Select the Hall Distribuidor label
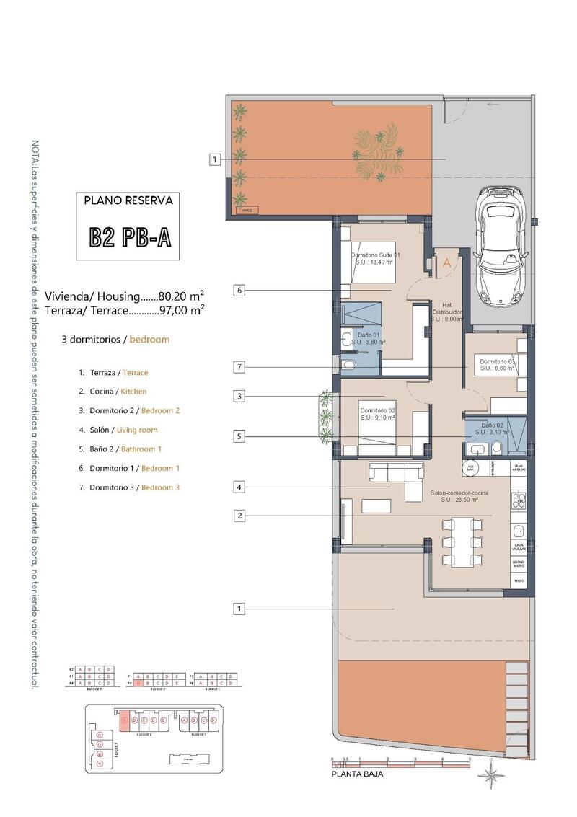(x=446, y=312)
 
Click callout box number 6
(x=240, y=291)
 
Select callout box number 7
(x=240, y=368)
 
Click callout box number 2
(x=240, y=516)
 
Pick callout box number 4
(x=240, y=487)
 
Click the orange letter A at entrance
(x=446, y=263)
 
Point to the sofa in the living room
(x=396, y=479)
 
